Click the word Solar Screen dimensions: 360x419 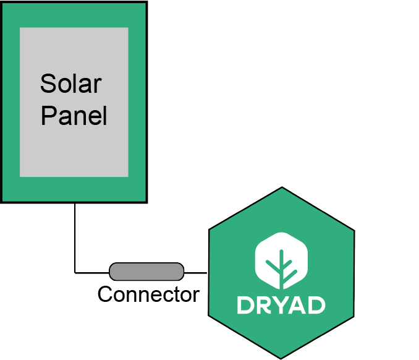pyautogui.click(x=70, y=84)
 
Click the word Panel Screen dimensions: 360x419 pyautogui.click(x=74, y=116)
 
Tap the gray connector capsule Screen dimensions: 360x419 pyautogui.click(x=146, y=271)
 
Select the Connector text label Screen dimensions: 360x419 pyautogui.click(x=148, y=294)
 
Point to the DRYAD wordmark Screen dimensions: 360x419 pyautogui.click(x=281, y=305)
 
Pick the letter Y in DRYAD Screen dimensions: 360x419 pyautogui.click(x=280, y=305)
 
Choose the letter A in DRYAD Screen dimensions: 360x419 pyautogui.click(x=297, y=305)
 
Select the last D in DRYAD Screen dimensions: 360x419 pyautogui.click(x=316, y=305)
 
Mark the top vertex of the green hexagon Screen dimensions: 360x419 pyautogui.click(x=282, y=187)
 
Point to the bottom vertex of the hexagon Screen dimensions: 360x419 pyautogui.click(x=281, y=358)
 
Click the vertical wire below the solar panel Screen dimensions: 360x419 pyautogui.click(x=75, y=235)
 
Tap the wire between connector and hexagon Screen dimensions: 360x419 pyautogui.click(x=196, y=272)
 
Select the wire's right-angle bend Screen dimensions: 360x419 pyautogui.click(x=75, y=272)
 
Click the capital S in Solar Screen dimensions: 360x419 pyautogui.click(x=48, y=84)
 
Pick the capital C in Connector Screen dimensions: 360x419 pyautogui.click(x=105, y=294)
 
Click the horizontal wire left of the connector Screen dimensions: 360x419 pyautogui.click(x=92, y=272)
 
